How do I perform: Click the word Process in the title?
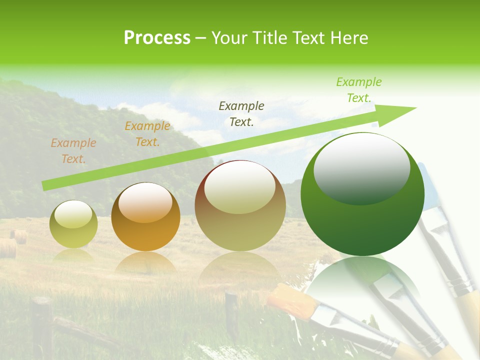(157, 38)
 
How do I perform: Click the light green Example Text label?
(358, 90)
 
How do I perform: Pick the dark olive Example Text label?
(241, 113)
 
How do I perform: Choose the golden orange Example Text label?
(147, 134)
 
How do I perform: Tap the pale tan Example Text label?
(73, 151)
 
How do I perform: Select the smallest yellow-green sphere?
(73, 224)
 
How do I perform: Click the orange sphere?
(145, 216)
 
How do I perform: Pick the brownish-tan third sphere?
(240, 206)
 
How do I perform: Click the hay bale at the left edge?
(7, 248)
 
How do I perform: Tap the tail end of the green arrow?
(44, 186)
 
